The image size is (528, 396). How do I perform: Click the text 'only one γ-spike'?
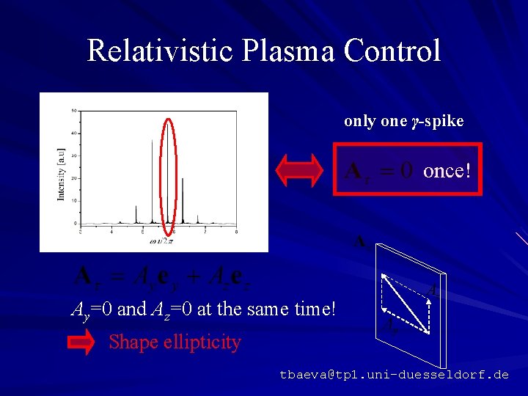(x=404, y=121)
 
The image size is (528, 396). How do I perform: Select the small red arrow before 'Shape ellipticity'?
(x=82, y=342)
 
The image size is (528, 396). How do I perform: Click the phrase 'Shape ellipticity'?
(x=175, y=342)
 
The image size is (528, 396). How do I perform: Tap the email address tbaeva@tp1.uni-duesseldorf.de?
(x=394, y=375)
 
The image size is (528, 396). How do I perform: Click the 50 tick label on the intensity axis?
(x=73, y=111)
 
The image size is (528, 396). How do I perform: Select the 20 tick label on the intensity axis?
(x=73, y=178)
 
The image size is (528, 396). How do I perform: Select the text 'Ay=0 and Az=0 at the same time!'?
(x=202, y=309)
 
